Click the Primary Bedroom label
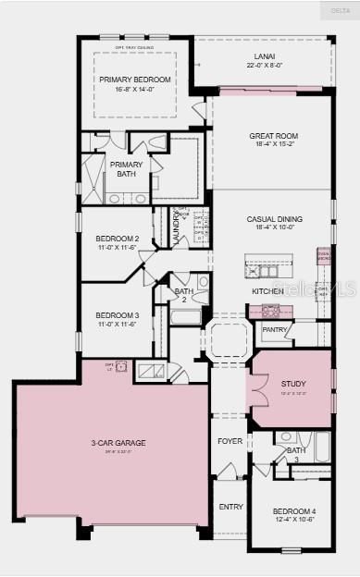tap(130, 80)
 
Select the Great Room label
tap(273, 136)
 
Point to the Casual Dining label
tap(274, 219)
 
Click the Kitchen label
tap(267, 291)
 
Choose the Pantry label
tap(274, 329)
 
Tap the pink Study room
tap(292, 388)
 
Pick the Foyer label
tap(230, 442)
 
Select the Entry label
tap(230, 507)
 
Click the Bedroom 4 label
tap(294, 511)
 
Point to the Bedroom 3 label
tap(118, 314)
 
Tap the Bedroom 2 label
tap(118, 239)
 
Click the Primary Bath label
tap(126, 169)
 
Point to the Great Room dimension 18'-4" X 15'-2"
tap(273, 144)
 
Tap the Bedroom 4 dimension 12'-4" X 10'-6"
tap(294, 520)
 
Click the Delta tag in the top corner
tap(340, 10)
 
